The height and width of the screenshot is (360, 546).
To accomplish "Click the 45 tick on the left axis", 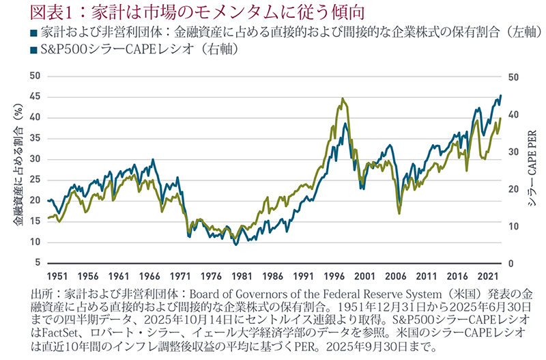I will tap(33, 96).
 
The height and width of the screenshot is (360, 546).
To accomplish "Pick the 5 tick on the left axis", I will tap(35, 263).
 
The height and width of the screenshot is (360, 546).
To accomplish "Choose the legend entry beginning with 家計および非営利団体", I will tap(273, 32).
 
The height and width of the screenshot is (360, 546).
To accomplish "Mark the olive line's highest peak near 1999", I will tap(342, 98).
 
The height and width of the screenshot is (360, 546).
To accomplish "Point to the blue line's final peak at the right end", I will tap(501, 96).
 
